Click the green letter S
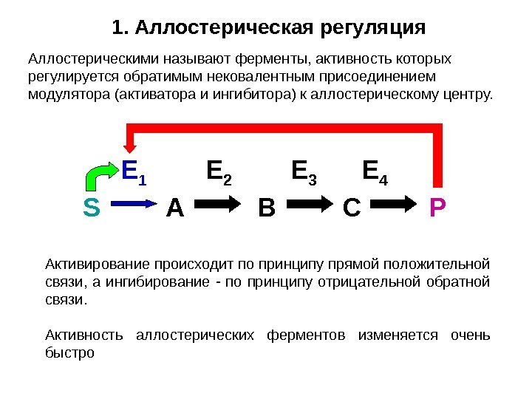92,209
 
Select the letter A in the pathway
174,209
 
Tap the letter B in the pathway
266,209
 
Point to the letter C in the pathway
352,209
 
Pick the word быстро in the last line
70,352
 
